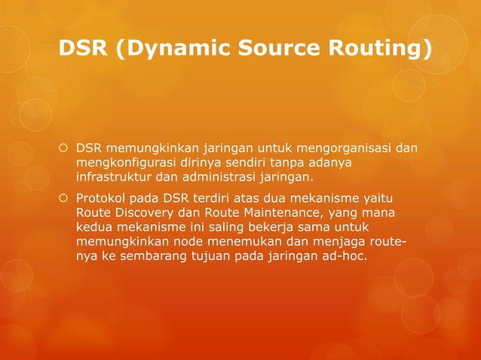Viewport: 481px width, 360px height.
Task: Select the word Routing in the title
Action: pyautogui.click(x=385, y=50)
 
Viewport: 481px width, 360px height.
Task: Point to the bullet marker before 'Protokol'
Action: pyautogui.click(x=64, y=198)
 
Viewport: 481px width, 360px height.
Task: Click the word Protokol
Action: pyautogui.click(x=101, y=198)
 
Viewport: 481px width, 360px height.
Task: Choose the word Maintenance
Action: pyautogui.click(x=280, y=212)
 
